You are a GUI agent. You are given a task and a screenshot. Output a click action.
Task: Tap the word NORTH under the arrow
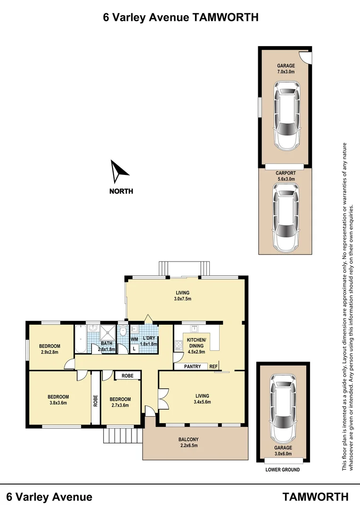[121, 191]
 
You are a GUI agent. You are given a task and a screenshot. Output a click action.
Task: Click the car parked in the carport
[286, 217]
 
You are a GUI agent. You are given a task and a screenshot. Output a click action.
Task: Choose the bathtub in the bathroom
[80, 339]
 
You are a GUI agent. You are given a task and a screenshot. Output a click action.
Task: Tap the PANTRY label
[192, 367]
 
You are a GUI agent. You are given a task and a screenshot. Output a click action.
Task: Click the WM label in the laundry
[134, 339]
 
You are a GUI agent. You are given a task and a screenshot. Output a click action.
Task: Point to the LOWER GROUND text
[282, 470]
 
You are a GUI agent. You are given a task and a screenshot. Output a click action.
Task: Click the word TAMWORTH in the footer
[316, 497]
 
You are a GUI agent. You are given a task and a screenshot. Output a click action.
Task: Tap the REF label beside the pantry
[213, 367]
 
